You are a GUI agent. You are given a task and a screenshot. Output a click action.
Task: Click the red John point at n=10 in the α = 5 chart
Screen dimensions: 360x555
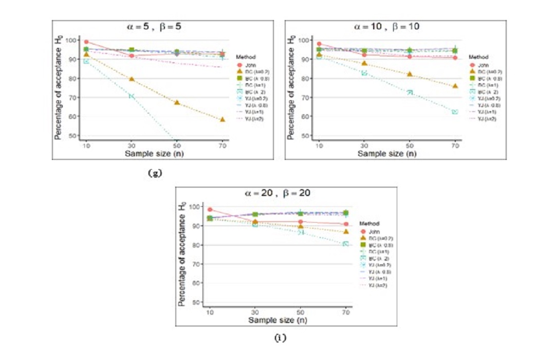(x=86, y=42)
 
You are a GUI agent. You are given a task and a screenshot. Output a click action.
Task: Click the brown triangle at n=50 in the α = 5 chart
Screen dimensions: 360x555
(x=177, y=103)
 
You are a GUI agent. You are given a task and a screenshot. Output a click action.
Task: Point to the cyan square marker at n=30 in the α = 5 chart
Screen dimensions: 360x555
(x=132, y=96)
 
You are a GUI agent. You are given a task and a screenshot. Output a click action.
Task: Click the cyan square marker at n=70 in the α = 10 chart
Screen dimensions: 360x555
(x=455, y=112)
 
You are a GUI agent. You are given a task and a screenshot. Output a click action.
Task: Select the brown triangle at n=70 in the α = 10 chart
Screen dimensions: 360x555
(x=455, y=86)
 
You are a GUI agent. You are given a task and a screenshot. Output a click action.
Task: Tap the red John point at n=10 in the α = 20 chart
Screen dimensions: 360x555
(x=210, y=209)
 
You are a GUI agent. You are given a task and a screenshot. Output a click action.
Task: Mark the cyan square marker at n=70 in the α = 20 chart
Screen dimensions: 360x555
(x=346, y=244)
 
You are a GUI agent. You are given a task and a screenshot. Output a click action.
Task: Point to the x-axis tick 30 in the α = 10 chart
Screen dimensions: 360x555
(x=364, y=147)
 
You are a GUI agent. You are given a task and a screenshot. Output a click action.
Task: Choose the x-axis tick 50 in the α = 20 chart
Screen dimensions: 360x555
(x=300, y=313)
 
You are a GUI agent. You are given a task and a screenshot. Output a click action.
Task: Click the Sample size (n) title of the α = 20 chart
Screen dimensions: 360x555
(x=277, y=320)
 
